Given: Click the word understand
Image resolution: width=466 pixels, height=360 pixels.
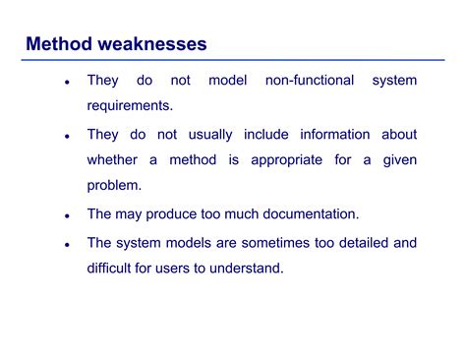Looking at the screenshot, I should coord(251,268).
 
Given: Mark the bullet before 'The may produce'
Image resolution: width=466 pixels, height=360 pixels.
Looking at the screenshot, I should coord(66,214).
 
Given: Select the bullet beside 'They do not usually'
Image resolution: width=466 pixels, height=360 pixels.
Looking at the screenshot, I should coord(66,136).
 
